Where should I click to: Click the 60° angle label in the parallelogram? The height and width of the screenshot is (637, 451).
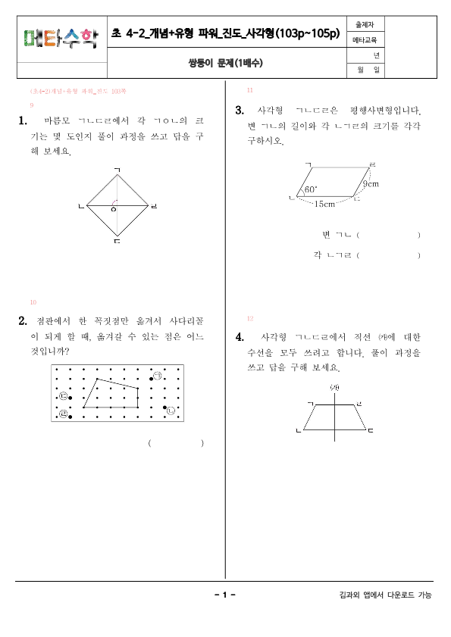(x=311, y=189)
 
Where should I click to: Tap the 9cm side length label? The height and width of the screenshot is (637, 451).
(x=371, y=183)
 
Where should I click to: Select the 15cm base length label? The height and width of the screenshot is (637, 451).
(x=325, y=204)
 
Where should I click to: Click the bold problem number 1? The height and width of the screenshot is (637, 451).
(x=23, y=120)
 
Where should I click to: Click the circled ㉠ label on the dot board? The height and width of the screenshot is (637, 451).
(x=158, y=376)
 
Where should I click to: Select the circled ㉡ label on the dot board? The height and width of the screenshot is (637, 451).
(x=171, y=411)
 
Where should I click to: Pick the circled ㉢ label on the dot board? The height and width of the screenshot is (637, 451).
(x=64, y=396)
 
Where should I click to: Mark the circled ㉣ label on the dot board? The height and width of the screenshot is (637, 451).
(x=63, y=414)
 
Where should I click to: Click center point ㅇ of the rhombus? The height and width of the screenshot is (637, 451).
(x=114, y=210)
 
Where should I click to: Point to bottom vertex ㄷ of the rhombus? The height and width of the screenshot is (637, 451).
(x=116, y=242)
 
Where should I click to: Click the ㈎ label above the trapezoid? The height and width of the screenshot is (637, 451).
(x=334, y=388)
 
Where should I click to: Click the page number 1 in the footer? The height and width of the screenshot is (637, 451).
(x=225, y=595)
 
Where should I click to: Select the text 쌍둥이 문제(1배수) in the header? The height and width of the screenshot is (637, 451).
(x=225, y=63)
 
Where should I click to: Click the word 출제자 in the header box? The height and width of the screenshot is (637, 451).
(x=364, y=23)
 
